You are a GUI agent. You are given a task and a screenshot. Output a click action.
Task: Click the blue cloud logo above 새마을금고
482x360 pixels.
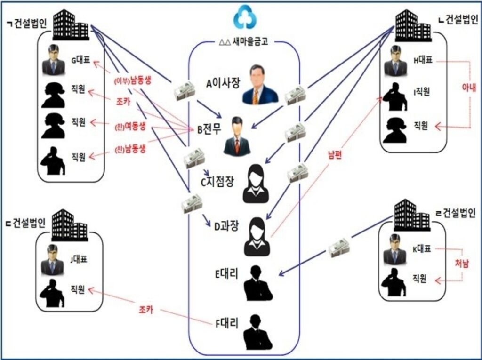[x=245, y=17]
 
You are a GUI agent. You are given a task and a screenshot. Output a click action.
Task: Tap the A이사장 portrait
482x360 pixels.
[x=260, y=85]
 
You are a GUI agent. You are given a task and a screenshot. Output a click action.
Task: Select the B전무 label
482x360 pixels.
[x=209, y=130]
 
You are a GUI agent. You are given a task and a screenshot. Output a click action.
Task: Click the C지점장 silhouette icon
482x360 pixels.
[x=256, y=184]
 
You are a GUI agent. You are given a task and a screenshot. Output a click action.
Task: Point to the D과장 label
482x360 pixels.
[x=226, y=227]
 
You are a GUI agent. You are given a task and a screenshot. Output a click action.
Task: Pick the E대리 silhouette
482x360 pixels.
[x=258, y=283]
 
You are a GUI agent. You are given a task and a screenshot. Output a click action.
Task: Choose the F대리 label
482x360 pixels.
[x=227, y=323]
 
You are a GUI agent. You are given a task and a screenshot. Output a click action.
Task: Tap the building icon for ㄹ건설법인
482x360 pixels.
[x=412, y=215]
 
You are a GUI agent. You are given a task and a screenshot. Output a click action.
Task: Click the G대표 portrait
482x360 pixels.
[x=54, y=60]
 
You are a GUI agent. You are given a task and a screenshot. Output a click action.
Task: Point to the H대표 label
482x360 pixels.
[x=423, y=60]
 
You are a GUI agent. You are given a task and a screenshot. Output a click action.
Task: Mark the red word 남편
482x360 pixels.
[x=335, y=155]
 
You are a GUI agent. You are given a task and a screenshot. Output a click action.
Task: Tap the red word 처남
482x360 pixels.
[x=462, y=264]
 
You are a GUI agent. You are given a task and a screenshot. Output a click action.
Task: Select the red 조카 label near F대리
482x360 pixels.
[x=146, y=310]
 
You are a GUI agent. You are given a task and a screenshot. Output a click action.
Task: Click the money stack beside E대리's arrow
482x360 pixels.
[x=338, y=248]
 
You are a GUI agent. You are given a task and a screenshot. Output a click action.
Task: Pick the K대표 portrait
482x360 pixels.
[x=395, y=249]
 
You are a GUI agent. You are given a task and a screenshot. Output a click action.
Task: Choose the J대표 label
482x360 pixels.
[x=79, y=259]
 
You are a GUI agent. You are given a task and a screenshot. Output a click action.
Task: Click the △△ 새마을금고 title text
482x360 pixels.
[x=244, y=42]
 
